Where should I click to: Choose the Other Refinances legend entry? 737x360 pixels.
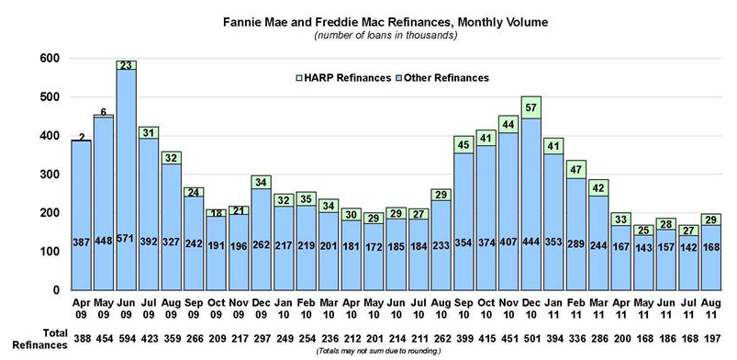click(x=443, y=78)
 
